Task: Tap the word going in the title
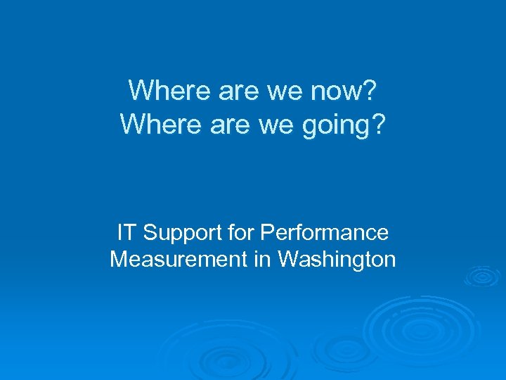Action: pos(335,125)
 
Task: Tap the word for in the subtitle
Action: pos(239,232)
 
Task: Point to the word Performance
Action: pos(324,232)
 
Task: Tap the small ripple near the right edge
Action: pos(484,277)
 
